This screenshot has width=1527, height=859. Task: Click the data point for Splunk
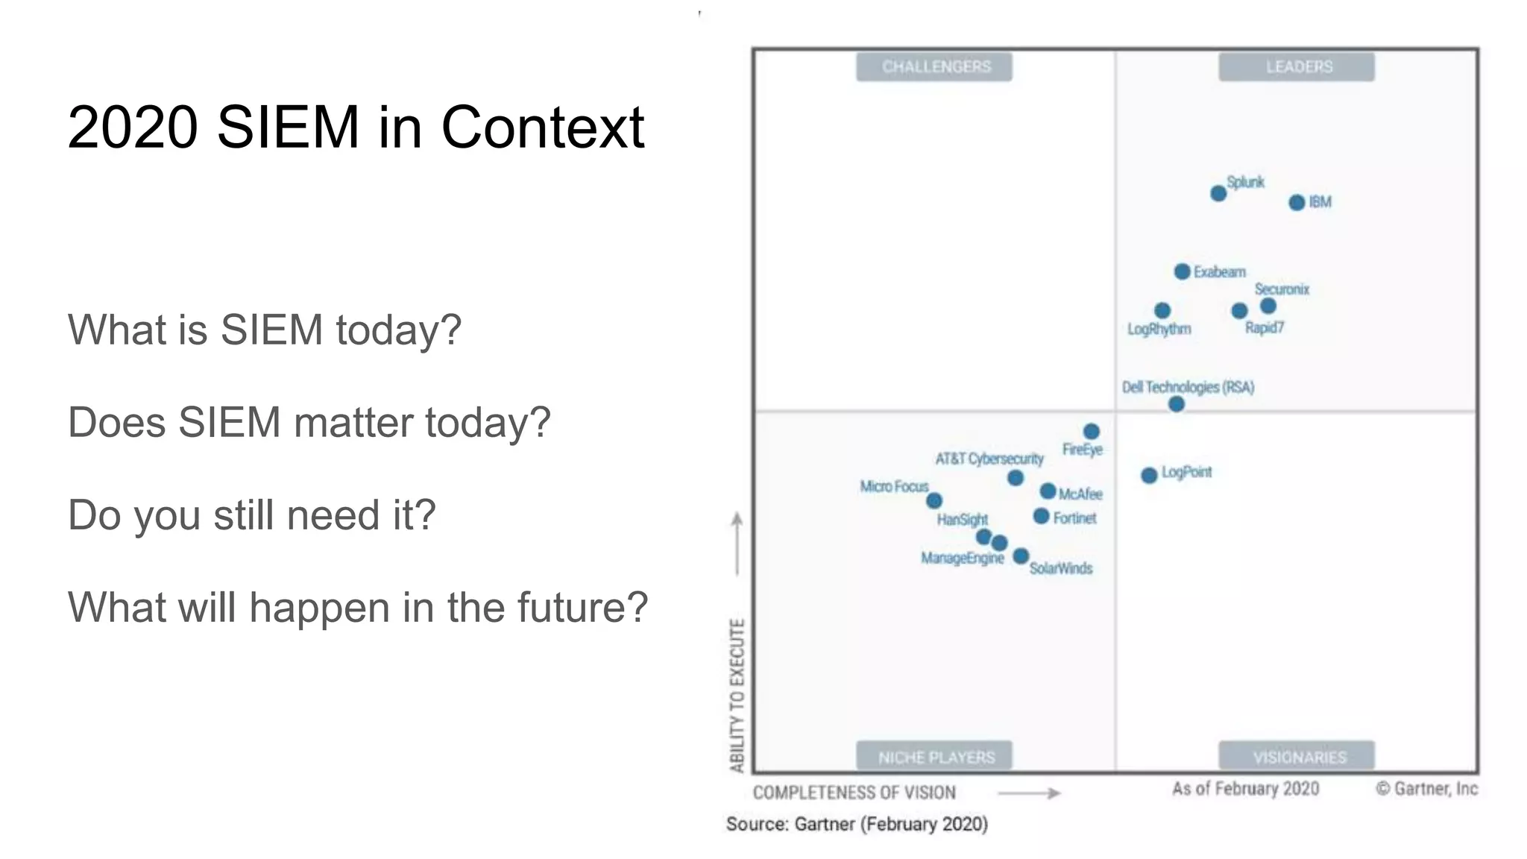[1218, 194]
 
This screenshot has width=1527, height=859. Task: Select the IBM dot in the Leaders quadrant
[1297, 203]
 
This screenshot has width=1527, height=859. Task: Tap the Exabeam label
[1219, 272]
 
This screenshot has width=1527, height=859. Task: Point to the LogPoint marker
[1149, 475]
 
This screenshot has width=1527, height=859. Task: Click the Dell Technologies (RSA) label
[1188, 387]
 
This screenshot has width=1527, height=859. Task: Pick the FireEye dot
[1091, 432]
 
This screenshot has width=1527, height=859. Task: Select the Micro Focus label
[894, 487]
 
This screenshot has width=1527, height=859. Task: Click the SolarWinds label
[1060, 569]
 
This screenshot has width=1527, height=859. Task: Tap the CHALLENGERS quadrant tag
[936, 67]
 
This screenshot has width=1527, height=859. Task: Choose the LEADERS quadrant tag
[1298, 67]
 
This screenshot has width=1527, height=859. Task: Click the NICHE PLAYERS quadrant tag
[936, 758]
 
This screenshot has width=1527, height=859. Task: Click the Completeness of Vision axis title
[854, 793]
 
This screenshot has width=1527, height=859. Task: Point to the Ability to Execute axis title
[737, 695]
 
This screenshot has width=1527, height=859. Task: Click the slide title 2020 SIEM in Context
[356, 128]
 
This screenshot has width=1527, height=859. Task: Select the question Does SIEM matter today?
[309, 423]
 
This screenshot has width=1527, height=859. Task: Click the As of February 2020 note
[1245, 789]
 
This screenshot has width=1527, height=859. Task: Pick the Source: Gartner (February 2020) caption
[857, 825]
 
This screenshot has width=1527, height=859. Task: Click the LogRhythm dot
[1162, 310]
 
